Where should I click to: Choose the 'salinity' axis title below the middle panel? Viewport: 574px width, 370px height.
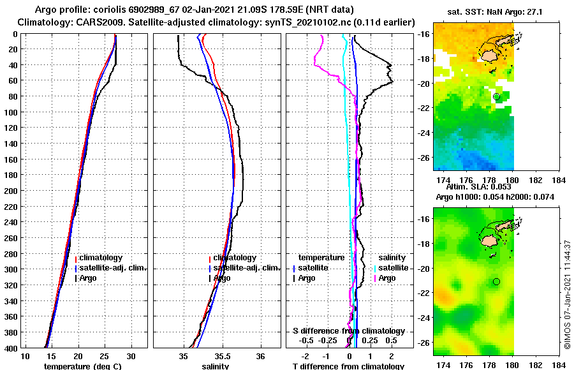point(216,366)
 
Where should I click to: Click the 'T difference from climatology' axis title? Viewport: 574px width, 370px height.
point(348,366)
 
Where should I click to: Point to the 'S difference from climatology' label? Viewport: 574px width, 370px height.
point(348,331)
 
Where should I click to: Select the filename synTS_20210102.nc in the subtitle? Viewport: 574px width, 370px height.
point(321,22)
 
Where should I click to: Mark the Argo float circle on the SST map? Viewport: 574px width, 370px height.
point(497,96)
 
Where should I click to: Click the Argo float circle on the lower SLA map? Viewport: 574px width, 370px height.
point(497,281)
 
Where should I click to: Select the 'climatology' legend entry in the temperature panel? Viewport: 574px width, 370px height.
point(101,258)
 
